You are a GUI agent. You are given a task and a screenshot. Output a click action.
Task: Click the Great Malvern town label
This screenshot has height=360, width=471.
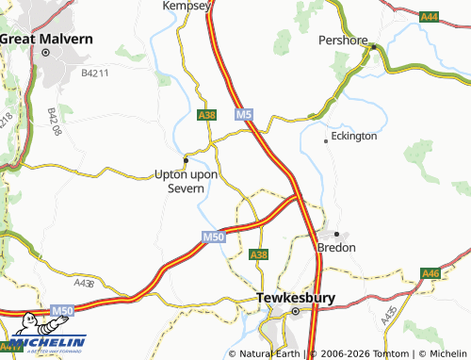click(x=47, y=39)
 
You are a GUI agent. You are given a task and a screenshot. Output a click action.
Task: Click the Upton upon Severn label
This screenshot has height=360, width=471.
click(x=186, y=181)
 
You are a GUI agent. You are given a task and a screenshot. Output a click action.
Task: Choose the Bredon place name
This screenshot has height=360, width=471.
click(x=336, y=247)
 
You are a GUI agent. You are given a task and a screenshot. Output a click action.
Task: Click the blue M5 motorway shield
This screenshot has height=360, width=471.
click(x=244, y=115)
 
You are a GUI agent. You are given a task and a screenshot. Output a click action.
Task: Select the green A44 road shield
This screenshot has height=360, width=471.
click(x=430, y=16)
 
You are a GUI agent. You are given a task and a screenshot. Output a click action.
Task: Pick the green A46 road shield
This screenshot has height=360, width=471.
click(x=430, y=273)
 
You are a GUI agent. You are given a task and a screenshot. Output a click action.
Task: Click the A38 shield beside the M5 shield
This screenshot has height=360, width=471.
click(x=207, y=115)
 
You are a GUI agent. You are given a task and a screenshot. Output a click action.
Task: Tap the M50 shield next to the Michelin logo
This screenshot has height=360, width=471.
click(x=62, y=310)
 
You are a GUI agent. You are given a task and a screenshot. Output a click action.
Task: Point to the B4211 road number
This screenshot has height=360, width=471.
click(x=96, y=73)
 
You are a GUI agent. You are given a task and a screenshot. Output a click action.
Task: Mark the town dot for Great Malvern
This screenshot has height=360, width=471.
click(x=44, y=53)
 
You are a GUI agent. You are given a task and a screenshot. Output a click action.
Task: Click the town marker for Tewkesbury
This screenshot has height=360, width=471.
click(x=294, y=311)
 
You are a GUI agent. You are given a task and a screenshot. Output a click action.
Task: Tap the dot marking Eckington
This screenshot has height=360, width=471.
click(x=327, y=140)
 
